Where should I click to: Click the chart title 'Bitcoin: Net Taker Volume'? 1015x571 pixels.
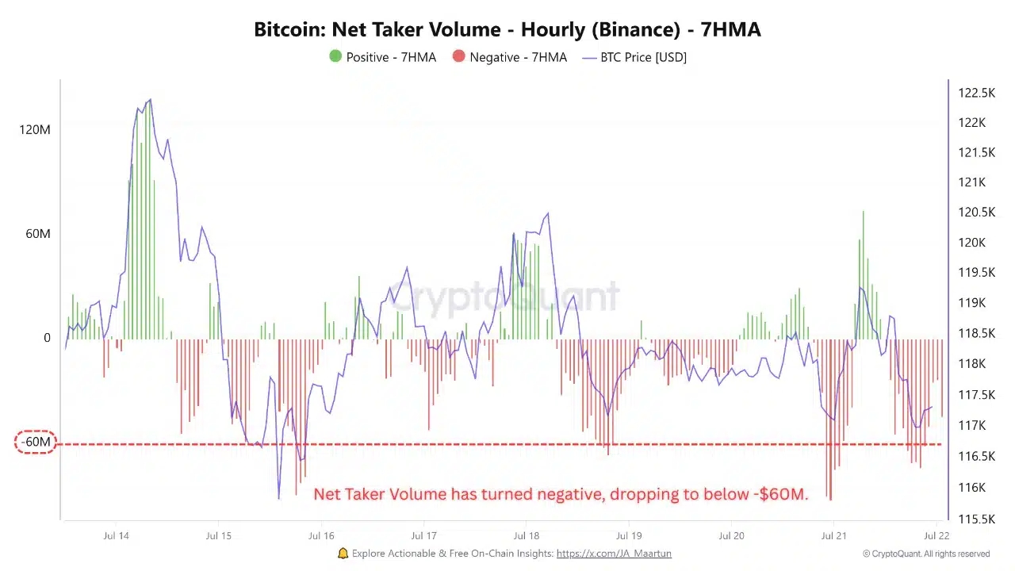(507, 30)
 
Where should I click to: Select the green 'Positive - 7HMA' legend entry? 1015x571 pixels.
(382, 57)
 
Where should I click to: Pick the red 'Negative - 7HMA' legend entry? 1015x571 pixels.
(509, 57)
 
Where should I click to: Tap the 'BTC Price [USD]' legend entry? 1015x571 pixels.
(634, 57)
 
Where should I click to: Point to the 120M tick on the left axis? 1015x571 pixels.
(35, 129)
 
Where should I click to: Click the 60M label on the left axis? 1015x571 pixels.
(37, 234)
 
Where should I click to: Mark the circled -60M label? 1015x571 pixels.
(36, 442)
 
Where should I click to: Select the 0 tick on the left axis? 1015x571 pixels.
(47, 338)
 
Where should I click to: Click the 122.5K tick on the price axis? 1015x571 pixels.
(976, 93)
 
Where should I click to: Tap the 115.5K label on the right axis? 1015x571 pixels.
(976, 519)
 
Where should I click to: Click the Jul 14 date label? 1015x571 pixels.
(116, 536)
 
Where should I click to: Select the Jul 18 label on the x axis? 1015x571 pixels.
(527, 536)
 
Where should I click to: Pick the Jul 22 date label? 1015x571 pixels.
(936, 536)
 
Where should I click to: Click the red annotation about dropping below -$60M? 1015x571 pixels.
(561, 494)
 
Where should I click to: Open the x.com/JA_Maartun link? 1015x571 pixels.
(614, 554)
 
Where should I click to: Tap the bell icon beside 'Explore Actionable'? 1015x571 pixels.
(343, 554)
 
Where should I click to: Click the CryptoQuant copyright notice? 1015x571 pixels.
(926, 554)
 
